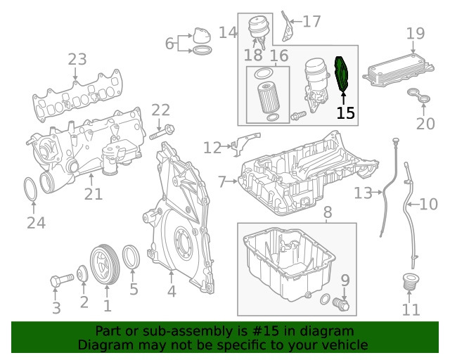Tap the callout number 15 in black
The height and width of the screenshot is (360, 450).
(345, 113)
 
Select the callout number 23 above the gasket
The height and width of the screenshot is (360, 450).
(77, 60)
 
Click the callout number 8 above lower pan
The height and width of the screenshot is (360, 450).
(327, 212)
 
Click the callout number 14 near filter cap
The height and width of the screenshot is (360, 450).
(227, 32)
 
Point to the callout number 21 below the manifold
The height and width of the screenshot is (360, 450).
(94, 194)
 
